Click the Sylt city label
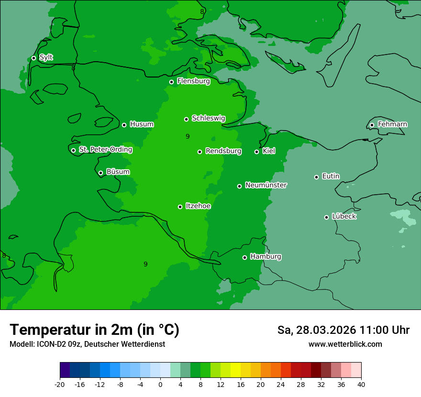[x=46, y=57]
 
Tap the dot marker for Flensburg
[x=171, y=82]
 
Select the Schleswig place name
[x=208, y=118]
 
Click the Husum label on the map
[x=142, y=124]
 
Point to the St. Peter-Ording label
[x=105, y=150]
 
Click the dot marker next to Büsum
[x=100, y=173]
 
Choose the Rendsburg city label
[x=223, y=151]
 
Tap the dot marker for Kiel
[x=256, y=152]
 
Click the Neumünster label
[x=266, y=185]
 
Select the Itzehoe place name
[x=198, y=206]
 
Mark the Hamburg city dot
[x=244, y=257]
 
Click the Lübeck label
[x=343, y=216]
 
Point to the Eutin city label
[x=331, y=176]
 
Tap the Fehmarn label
[x=392, y=124]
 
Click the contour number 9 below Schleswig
[x=188, y=137]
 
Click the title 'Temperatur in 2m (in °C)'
[x=94, y=330]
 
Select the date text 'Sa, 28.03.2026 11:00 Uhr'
[x=343, y=330]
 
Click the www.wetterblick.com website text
[x=345, y=344]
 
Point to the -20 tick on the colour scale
[x=60, y=384]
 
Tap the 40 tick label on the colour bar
[x=361, y=384]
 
